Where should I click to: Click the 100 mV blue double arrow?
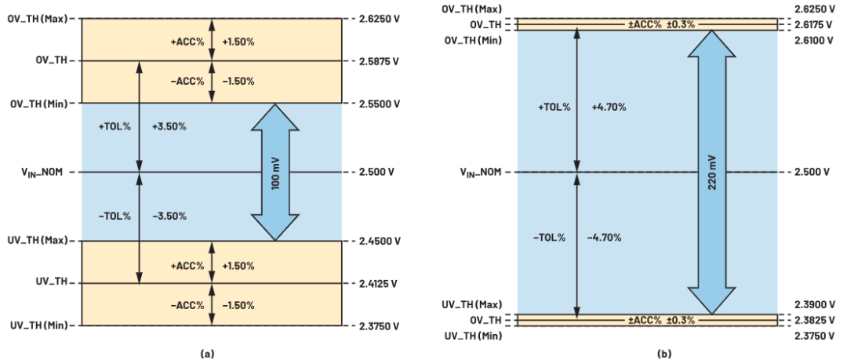[x=274, y=172]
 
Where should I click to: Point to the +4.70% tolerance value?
[x=607, y=107]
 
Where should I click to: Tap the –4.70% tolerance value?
[x=607, y=237]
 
